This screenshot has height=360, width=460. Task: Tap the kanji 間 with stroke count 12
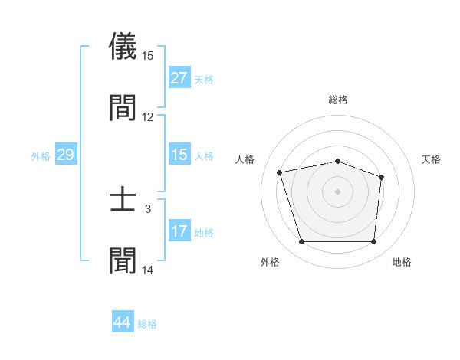[x=123, y=107]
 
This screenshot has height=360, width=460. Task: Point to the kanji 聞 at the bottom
[x=123, y=261]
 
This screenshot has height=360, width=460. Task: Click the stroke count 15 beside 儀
[x=148, y=56]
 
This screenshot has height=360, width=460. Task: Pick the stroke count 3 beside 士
[x=148, y=208]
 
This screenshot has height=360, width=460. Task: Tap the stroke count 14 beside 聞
[x=148, y=270]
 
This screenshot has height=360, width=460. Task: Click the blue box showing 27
[x=179, y=78]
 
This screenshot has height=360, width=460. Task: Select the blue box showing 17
[x=179, y=231]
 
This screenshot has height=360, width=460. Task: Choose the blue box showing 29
[x=66, y=155]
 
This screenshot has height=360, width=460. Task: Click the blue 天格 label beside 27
[x=204, y=80]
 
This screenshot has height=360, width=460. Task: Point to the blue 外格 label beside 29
[x=41, y=156]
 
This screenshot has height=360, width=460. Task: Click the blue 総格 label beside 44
[x=148, y=324]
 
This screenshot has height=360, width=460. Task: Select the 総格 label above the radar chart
[x=338, y=100]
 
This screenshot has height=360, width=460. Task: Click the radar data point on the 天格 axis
[x=381, y=177]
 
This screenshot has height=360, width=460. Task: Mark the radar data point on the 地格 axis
[x=373, y=242]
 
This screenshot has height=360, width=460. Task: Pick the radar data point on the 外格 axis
[x=301, y=242]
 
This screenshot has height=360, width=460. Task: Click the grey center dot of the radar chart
[x=337, y=191]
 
